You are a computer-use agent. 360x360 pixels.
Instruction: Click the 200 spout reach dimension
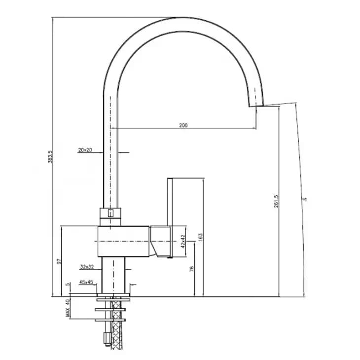pos(183,125)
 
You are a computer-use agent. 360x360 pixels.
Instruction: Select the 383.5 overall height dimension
pos(50,157)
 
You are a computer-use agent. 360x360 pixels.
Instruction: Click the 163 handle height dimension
pos(200,238)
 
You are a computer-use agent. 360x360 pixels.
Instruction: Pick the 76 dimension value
pos(192,269)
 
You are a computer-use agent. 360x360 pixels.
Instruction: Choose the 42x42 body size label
pos(182,242)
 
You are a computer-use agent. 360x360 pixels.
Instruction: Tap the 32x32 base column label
pos(87,267)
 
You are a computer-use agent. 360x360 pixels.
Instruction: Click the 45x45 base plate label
pos(86,282)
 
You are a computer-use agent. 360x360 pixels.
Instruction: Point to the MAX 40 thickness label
pos(68,307)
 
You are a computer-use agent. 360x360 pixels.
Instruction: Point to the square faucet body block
pos(123,241)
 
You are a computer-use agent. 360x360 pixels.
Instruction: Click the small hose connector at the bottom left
pos(105,337)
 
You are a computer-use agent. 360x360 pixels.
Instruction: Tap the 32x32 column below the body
pos(115,274)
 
